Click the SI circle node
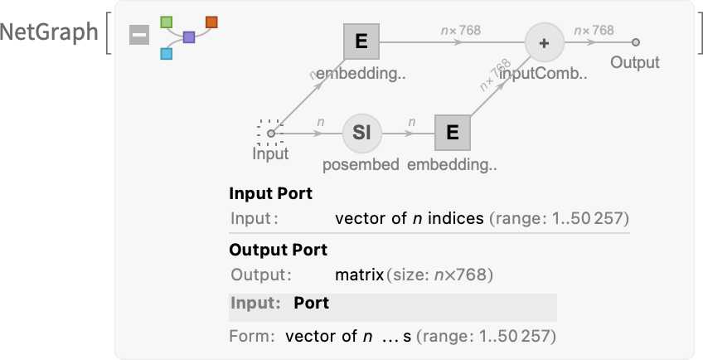(x=361, y=133)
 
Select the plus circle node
(x=544, y=42)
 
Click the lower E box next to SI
(x=452, y=133)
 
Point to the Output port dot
(x=635, y=42)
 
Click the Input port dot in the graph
(x=271, y=133)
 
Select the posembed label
(x=361, y=164)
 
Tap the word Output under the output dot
(x=635, y=62)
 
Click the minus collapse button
(x=139, y=36)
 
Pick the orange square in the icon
(x=211, y=21)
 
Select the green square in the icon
(x=167, y=20)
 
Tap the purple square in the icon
(x=189, y=37)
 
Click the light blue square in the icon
(x=167, y=54)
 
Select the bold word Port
(x=311, y=304)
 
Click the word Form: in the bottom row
(x=251, y=337)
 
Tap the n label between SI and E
(x=410, y=122)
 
